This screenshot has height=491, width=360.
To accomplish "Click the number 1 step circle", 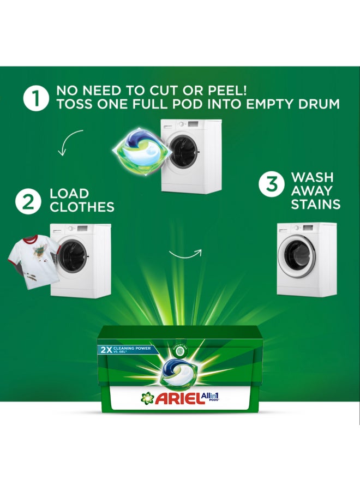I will pyautogui.click(x=37, y=99).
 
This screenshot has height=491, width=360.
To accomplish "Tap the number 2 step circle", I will pyautogui.click(x=28, y=201).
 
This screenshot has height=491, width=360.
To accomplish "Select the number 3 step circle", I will pyautogui.click(x=270, y=185).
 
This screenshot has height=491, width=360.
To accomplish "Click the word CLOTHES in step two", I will pyautogui.click(x=82, y=207).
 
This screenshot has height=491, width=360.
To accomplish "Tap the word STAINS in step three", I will pyautogui.click(x=315, y=205).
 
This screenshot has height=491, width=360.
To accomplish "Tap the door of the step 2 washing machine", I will pyautogui.click(x=71, y=256).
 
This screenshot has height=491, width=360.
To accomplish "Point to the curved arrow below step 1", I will pyautogui.click(x=69, y=142).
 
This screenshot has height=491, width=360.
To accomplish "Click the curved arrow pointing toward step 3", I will pyautogui.click(x=185, y=254).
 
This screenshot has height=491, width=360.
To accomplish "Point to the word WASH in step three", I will pyautogui.click(x=312, y=178).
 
